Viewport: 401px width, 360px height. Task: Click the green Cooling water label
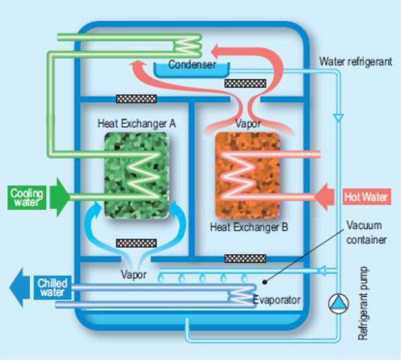[x=27, y=197]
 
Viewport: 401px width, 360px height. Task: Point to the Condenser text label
[x=192, y=65]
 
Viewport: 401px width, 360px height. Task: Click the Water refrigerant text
[x=355, y=61]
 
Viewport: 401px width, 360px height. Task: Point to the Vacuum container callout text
[x=366, y=232]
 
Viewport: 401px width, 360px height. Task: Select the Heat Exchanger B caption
[x=249, y=228]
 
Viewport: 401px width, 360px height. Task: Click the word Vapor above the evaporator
[x=133, y=275]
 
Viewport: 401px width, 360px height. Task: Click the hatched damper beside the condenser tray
[x=245, y=84]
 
